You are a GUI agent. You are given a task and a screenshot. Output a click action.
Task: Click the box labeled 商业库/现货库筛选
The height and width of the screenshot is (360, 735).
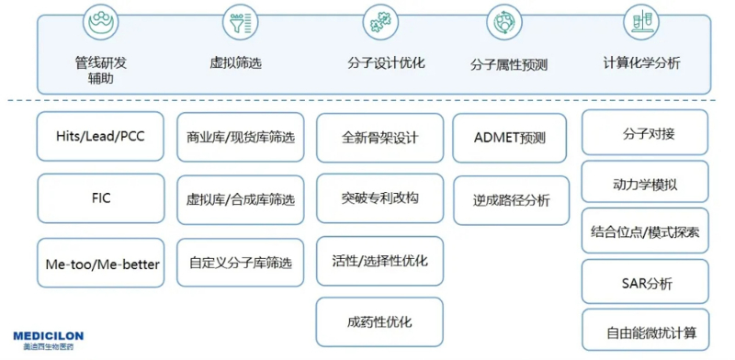pos(240,137)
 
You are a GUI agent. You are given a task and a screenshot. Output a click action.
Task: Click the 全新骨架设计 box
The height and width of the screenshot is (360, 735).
pos(379,138)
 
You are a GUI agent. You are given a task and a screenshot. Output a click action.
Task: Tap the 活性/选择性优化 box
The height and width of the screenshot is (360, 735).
pos(379,261)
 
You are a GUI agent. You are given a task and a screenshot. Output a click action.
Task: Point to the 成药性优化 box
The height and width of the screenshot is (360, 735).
pos(379,321)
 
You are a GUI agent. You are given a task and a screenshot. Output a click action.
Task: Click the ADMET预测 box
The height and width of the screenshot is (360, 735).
pos(511,138)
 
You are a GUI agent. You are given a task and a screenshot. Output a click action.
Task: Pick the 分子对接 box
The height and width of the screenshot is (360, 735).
pos(646,133)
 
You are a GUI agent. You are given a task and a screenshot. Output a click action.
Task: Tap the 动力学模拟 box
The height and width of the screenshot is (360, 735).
pos(646,183)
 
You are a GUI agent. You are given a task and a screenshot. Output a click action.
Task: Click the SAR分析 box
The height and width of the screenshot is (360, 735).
pos(646,283)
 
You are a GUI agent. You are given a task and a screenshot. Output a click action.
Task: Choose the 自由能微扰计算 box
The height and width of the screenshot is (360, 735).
pos(646,331)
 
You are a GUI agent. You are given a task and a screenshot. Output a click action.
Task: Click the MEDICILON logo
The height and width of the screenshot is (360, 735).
pos(48,340)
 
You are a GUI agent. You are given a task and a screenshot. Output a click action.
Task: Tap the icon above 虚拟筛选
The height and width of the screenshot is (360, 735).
pos(237,20)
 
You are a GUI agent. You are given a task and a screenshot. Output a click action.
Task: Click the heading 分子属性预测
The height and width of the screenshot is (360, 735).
pos(509,64)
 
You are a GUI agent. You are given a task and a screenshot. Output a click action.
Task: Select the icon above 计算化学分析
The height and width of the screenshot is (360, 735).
pos(640,20)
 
